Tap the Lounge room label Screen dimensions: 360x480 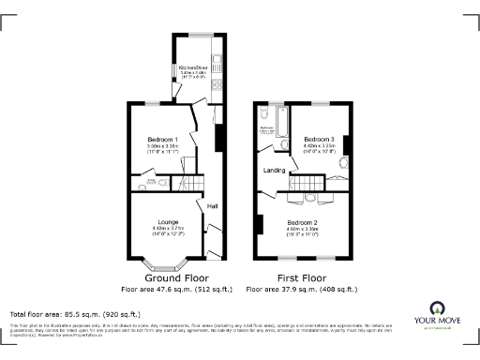tap(155, 221)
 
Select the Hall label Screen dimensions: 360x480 tap(212, 205)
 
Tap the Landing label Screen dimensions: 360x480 tap(275, 170)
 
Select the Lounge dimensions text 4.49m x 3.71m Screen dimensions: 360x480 tap(155, 230)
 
